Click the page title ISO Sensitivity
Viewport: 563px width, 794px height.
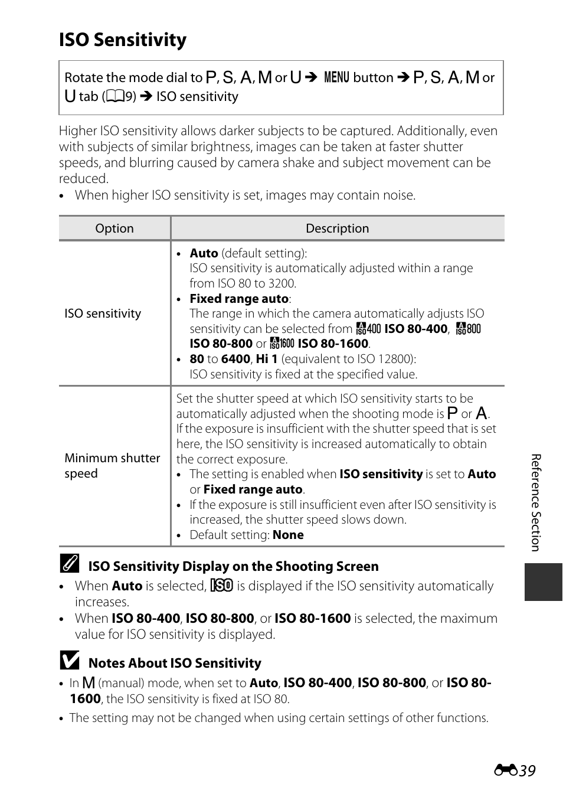point(123,40)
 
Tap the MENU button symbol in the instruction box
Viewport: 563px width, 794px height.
point(336,77)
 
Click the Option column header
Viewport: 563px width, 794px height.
point(114,228)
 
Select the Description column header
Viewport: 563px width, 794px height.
point(337,228)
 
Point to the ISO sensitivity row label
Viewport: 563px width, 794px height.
point(103,313)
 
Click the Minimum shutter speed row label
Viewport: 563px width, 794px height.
point(112,466)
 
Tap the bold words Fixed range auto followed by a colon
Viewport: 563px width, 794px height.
point(239,299)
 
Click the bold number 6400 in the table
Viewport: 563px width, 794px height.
point(235,359)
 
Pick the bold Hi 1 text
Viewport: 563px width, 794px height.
point(266,359)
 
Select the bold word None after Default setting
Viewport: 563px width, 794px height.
point(288,535)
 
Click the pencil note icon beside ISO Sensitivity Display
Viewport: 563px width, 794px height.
point(70,565)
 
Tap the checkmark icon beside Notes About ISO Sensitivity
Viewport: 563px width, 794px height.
point(70,661)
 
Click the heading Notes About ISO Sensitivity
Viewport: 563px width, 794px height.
point(175,663)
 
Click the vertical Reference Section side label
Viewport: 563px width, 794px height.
point(536,502)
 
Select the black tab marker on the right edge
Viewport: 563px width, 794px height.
point(543,582)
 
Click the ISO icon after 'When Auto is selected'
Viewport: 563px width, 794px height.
point(222,586)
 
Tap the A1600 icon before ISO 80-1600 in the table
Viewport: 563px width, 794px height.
point(282,344)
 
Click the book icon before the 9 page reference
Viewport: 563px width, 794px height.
point(115,97)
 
